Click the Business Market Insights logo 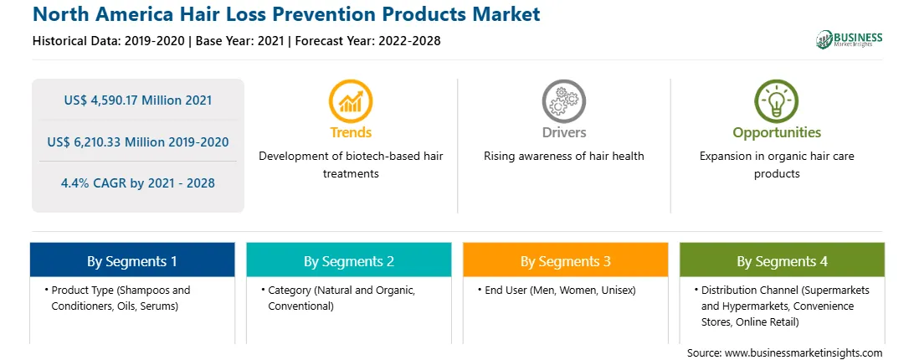[x=849, y=39]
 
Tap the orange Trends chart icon [x=351, y=101]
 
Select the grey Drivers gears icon [x=563, y=101]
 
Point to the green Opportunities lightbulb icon [x=777, y=101]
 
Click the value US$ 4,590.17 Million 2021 [x=138, y=100]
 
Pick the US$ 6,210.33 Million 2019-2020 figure [x=138, y=141]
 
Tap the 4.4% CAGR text [x=138, y=183]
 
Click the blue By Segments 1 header [x=132, y=261]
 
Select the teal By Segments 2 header [x=348, y=261]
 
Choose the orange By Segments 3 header [x=566, y=261]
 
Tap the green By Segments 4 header [x=783, y=261]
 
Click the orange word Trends [x=351, y=132]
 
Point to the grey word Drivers [x=563, y=132]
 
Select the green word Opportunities [x=777, y=133]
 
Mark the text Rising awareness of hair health [x=563, y=157]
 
